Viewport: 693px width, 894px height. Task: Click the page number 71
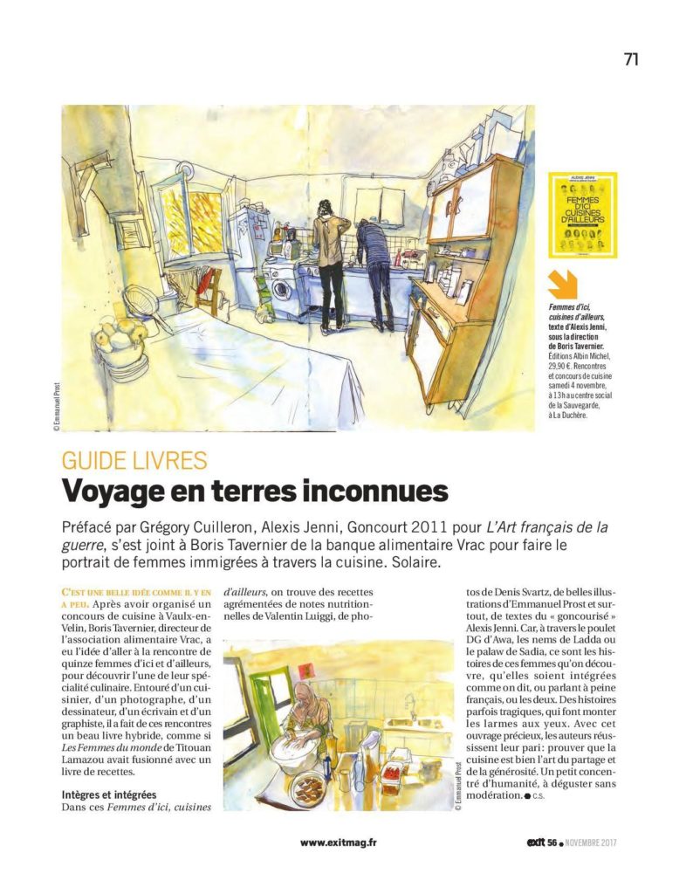click(x=631, y=58)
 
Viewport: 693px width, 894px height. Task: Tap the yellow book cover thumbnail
click(x=582, y=215)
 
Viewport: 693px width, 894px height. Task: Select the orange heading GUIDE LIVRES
click(x=134, y=460)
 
